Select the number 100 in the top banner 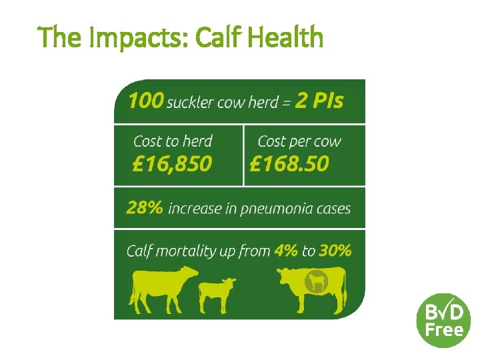(145, 101)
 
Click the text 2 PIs (320, 101)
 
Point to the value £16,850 (173, 163)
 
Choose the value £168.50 (289, 163)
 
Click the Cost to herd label (173, 141)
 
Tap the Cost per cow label (299, 141)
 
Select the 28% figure (144, 207)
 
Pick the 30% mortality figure (335, 251)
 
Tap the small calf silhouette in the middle (217, 293)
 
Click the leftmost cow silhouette (164, 289)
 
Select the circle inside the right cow (315, 283)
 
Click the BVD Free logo (443, 320)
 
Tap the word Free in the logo (443, 330)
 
